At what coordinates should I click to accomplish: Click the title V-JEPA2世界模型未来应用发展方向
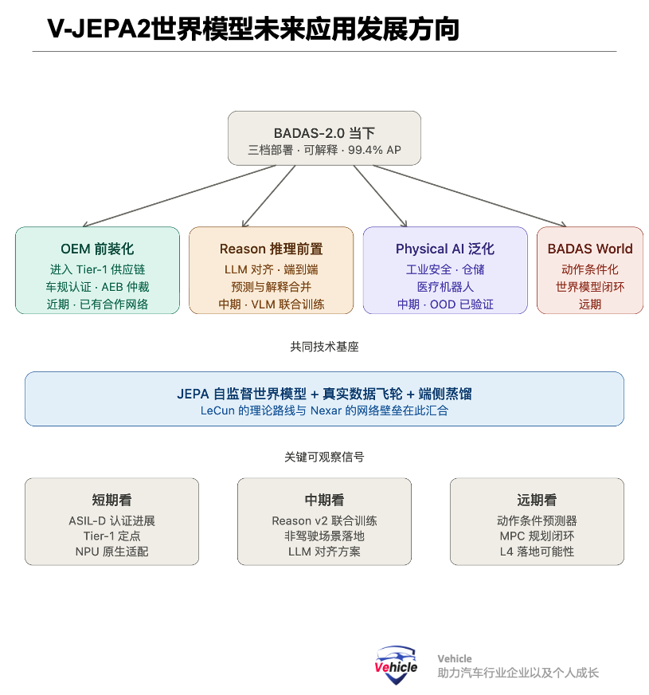tap(252, 29)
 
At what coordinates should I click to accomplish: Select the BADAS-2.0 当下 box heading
tap(324, 132)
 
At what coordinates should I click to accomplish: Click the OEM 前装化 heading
tap(97, 249)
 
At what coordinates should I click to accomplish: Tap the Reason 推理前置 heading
tap(272, 249)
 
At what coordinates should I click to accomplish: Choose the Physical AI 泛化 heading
tap(445, 249)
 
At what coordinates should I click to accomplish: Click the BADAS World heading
tap(590, 249)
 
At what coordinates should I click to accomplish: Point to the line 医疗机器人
tap(445, 287)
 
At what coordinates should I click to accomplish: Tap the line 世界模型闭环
tap(590, 287)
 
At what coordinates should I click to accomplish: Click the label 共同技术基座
tap(324, 347)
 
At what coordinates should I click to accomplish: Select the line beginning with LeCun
tap(324, 410)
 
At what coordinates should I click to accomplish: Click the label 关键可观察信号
tap(324, 457)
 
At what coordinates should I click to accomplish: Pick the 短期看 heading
tap(111, 501)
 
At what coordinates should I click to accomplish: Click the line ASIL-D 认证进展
tap(111, 520)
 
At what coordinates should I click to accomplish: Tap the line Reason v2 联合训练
tap(324, 520)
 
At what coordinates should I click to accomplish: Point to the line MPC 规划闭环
tap(536, 536)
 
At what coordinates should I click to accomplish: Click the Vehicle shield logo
tap(396, 665)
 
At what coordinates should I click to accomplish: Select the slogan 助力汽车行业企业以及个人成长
tap(518, 673)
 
